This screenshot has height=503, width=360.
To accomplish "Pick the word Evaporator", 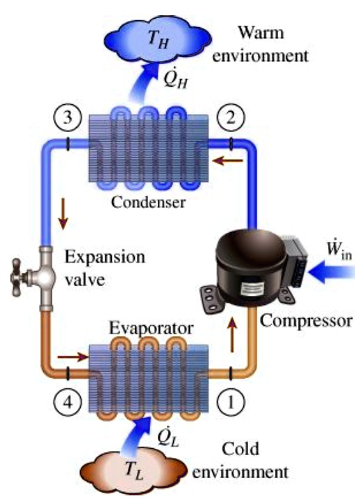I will [148, 327].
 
